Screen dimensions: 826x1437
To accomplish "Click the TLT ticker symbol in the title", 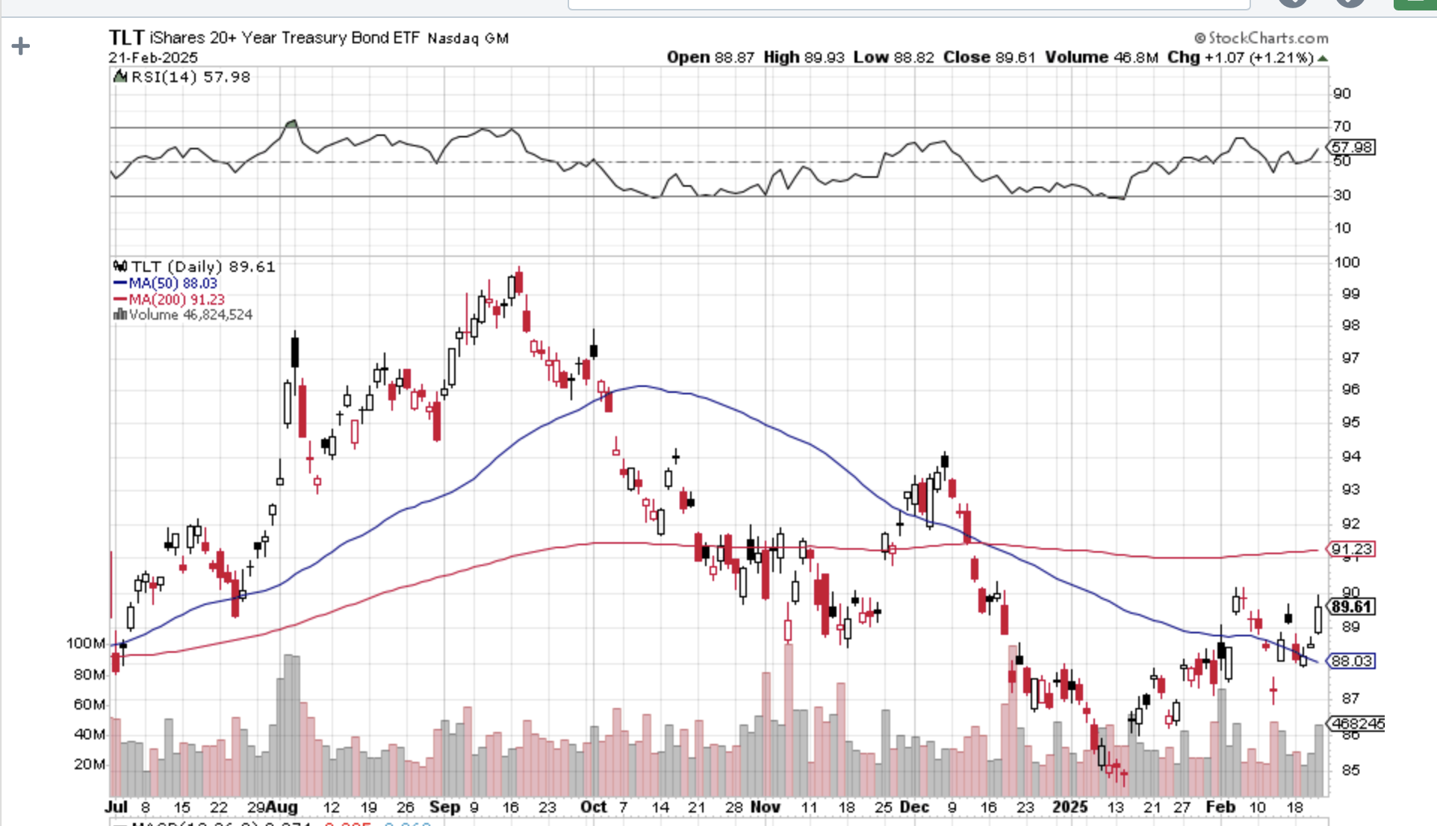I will click(125, 37).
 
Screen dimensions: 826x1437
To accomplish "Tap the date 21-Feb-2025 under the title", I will click(153, 58).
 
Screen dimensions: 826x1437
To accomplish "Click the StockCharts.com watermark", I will click(1262, 37).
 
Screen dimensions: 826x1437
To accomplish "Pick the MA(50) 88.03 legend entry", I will click(173, 283).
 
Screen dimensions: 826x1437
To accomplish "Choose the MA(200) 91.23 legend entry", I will click(176, 299).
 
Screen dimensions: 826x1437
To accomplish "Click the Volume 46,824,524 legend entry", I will click(190, 315).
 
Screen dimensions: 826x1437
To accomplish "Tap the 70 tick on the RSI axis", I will click(1342, 126).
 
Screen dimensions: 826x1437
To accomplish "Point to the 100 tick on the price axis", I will click(1347, 262).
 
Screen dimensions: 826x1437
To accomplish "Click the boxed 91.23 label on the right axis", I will click(1352, 549).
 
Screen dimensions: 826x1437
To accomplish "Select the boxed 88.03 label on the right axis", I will click(1352, 661).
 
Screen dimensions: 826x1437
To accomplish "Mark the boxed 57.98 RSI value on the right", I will click(1352, 147).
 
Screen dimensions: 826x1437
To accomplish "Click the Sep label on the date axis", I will click(444, 807).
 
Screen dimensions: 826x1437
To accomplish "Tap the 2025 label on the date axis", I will click(1070, 807).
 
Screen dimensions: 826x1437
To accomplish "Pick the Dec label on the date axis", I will click(914, 807).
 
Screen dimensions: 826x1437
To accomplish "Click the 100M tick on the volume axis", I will click(85, 643).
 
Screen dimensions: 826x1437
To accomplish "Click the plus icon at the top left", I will click(21, 46).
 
